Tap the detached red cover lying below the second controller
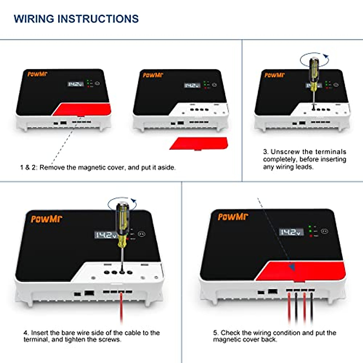[199, 143]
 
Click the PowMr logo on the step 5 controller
[233, 217]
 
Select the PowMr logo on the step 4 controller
[46, 219]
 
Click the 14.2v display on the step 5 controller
[291, 232]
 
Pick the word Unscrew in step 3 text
[285, 152]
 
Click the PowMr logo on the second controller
[153, 75]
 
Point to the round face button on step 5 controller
[324, 231]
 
